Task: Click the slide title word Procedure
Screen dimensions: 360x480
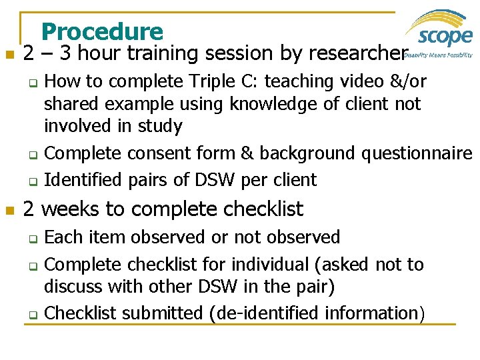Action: [101, 31]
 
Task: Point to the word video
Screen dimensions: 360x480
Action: [367, 81]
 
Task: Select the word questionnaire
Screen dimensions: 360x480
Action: [417, 153]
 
